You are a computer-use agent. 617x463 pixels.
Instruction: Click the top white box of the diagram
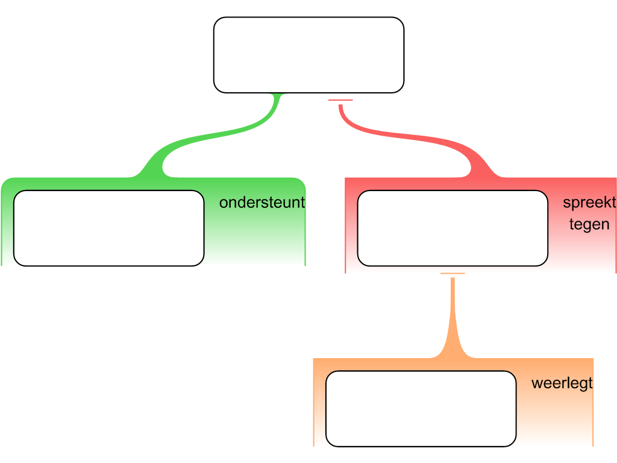(x=308, y=55)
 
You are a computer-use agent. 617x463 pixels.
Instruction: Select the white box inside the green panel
(x=108, y=228)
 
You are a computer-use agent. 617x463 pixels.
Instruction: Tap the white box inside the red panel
(x=453, y=228)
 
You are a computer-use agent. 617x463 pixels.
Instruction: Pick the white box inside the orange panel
(x=421, y=408)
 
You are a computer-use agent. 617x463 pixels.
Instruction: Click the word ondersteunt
(x=262, y=203)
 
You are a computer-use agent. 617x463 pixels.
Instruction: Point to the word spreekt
(x=589, y=203)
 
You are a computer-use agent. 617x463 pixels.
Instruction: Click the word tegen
(x=589, y=225)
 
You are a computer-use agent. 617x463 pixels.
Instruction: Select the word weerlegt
(x=562, y=383)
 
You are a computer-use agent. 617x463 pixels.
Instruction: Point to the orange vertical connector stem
(x=453, y=313)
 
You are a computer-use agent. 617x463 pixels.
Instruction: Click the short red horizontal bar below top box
(x=340, y=99)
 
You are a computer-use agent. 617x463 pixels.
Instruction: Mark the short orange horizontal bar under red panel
(x=453, y=274)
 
